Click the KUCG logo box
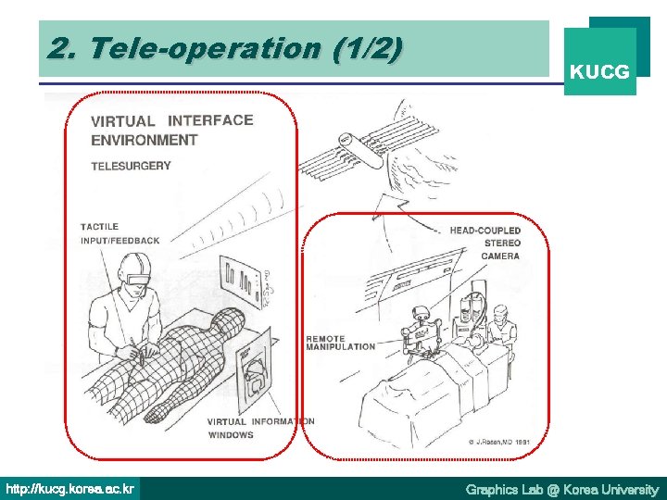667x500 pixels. click(x=600, y=62)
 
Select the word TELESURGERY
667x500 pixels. click(x=131, y=166)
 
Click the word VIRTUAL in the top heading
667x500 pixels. click(x=123, y=121)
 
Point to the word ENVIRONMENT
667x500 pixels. click(x=144, y=140)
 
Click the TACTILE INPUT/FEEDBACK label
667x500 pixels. click(x=120, y=233)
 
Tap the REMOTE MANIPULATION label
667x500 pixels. click(x=340, y=343)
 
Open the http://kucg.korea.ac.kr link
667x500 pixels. click(x=70, y=488)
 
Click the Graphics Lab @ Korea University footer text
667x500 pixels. click(x=561, y=489)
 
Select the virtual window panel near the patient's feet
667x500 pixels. click(x=256, y=370)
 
